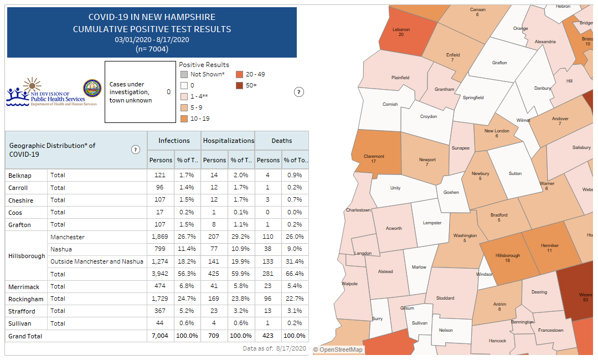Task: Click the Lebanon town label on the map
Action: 401,29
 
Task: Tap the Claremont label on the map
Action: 374,157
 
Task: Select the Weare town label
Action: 585,295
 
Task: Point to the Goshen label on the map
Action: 451,192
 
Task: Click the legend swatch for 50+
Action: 239,85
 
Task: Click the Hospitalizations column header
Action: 228,141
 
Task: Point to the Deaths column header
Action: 281,141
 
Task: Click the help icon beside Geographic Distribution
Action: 136,150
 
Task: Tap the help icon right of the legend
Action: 298,92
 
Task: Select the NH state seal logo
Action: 92,89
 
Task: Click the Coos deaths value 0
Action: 268,213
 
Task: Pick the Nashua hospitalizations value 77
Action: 214,249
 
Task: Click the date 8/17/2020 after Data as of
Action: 291,348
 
